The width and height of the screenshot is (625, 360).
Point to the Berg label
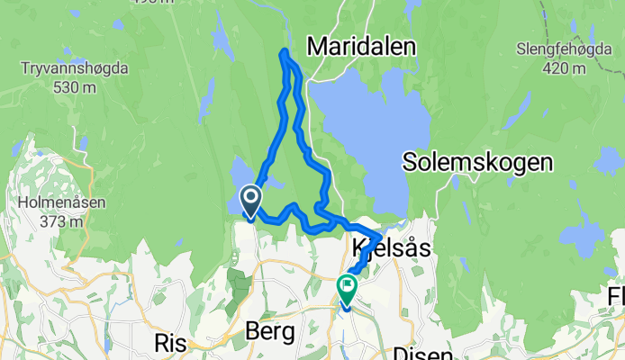click(270, 332)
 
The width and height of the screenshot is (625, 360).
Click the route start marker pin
click(249, 199)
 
